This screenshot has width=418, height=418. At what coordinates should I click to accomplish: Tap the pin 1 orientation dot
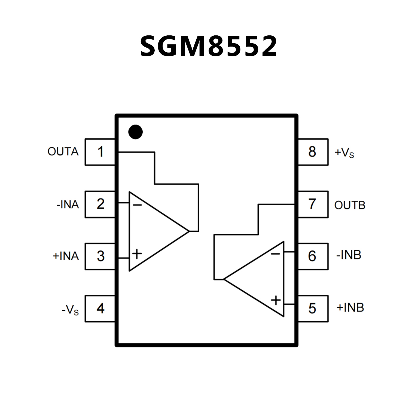135,132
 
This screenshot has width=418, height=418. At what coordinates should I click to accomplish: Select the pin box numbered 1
100,152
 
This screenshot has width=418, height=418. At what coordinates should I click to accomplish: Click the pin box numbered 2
100,204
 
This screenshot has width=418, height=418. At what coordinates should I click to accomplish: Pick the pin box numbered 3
100,256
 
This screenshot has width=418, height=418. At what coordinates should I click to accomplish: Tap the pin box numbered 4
100,309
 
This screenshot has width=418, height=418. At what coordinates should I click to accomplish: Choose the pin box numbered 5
313,309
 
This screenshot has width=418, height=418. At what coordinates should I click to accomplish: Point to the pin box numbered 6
313,256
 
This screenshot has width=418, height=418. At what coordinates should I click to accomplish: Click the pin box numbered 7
313,204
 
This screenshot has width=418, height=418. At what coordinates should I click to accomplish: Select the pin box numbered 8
313,152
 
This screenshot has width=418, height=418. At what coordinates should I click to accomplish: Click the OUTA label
63,152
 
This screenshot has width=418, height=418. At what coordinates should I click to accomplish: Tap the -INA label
68,205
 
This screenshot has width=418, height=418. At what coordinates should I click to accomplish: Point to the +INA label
66,256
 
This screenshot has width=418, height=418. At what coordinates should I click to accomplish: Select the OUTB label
350,205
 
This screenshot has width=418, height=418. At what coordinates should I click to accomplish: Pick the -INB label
349,255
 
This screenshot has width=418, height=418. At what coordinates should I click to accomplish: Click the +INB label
350,308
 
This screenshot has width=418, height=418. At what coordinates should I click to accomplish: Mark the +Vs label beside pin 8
344,153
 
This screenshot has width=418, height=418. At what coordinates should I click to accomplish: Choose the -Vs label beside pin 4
70,310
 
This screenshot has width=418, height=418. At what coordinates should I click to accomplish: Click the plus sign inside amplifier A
137,254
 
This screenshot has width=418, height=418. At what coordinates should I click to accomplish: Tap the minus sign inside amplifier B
275,254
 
